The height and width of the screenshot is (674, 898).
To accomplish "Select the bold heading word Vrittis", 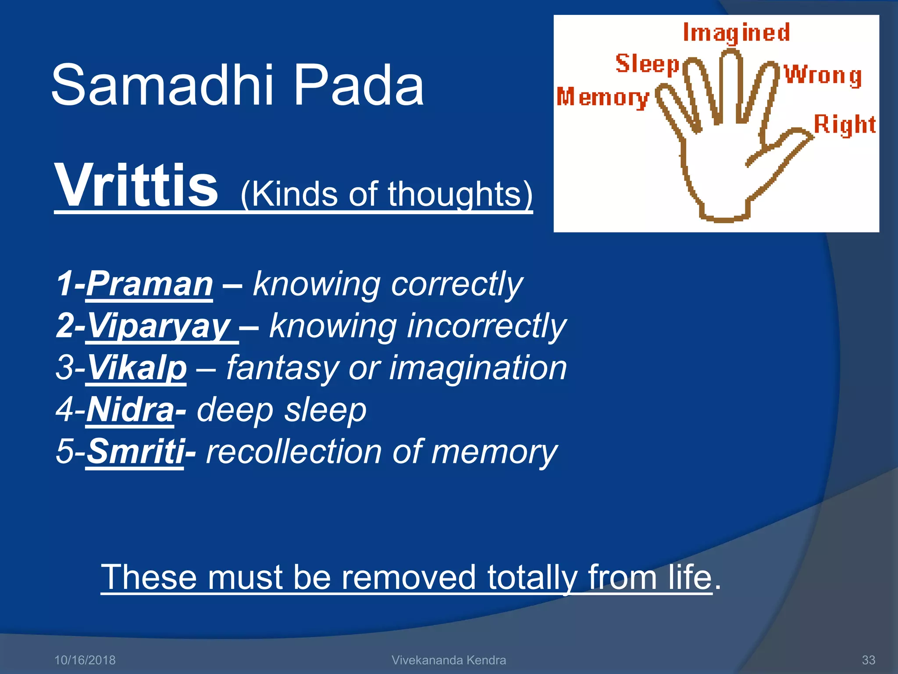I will click(x=136, y=186).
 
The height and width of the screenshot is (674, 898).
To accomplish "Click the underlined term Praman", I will click(x=150, y=284).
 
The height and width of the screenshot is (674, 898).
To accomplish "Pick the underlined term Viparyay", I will click(x=160, y=326).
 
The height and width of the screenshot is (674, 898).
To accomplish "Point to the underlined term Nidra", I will click(x=130, y=410).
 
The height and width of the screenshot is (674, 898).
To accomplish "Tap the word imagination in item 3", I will click(x=478, y=368).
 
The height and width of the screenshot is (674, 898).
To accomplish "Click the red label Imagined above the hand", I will click(x=736, y=33).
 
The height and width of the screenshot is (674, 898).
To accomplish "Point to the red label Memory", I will click(x=602, y=97).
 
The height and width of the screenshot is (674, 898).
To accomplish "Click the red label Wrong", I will click(x=823, y=75).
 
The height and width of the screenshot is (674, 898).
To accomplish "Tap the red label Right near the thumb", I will click(x=845, y=125).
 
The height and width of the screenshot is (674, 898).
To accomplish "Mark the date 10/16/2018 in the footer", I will click(x=85, y=660).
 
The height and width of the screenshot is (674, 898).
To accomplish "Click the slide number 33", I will click(x=868, y=660).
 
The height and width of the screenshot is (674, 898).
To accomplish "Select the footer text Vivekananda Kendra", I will click(x=449, y=660).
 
